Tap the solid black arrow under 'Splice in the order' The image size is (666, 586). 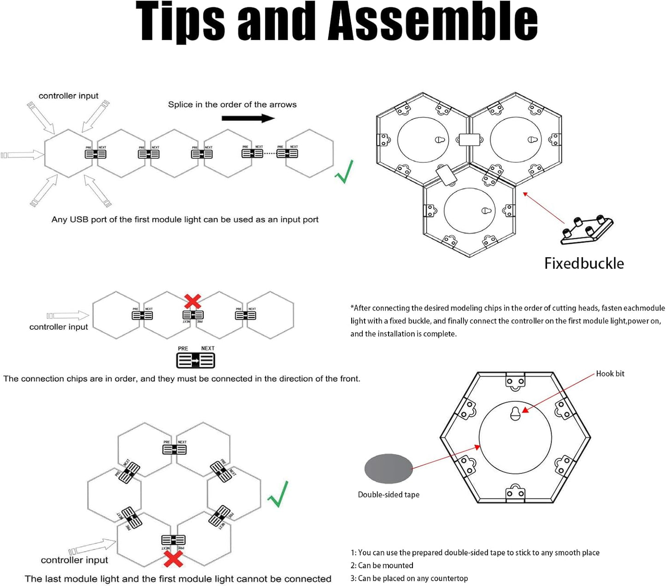[x=248, y=118]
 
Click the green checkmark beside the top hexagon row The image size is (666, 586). [x=344, y=172]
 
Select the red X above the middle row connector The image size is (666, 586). [x=192, y=302]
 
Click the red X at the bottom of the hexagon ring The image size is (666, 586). [x=173, y=558]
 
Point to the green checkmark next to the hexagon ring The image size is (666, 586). [x=278, y=494]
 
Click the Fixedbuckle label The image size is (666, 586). [x=584, y=263]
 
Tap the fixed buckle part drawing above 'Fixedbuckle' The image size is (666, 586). [x=586, y=229]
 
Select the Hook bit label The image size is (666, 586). [x=610, y=373]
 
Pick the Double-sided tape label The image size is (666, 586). [x=389, y=495]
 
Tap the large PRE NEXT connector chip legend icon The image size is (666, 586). [x=196, y=360]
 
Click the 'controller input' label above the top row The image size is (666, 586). [x=68, y=96]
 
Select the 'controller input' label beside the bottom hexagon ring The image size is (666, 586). [x=74, y=560]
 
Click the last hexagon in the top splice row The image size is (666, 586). [x=309, y=154]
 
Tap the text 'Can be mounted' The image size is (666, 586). [x=385, y=565]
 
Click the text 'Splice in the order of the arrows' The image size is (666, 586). [x=232, y=105]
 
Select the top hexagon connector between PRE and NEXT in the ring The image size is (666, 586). [x=174, y=449]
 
